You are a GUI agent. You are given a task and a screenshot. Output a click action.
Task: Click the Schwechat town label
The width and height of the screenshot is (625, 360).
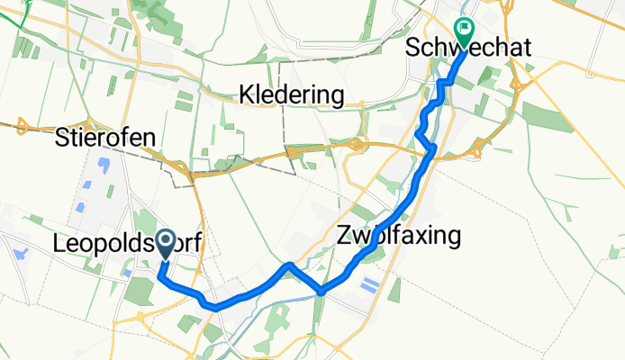click(468, 48)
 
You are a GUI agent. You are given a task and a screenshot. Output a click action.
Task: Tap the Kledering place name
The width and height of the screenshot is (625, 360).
click(293, 94)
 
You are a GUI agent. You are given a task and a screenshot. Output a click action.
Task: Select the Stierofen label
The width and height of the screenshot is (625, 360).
click(105, 138)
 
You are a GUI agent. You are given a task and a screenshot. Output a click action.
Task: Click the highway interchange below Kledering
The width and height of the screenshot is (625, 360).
click(358, 143)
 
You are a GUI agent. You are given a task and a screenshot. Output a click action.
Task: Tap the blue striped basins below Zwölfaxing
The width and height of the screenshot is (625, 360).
click(368, 285)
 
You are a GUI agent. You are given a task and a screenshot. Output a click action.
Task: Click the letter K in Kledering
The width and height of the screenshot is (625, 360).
click(246, 94)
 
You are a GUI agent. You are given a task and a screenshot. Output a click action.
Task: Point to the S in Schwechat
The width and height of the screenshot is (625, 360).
click(413, 48)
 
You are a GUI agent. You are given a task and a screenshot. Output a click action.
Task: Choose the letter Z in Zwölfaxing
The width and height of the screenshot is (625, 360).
click(344, 237)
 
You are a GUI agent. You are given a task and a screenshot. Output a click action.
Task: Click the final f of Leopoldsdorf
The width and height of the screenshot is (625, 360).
click(195, 243)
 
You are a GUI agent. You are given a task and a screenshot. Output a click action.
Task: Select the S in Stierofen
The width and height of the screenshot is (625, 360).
click(61, 138)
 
